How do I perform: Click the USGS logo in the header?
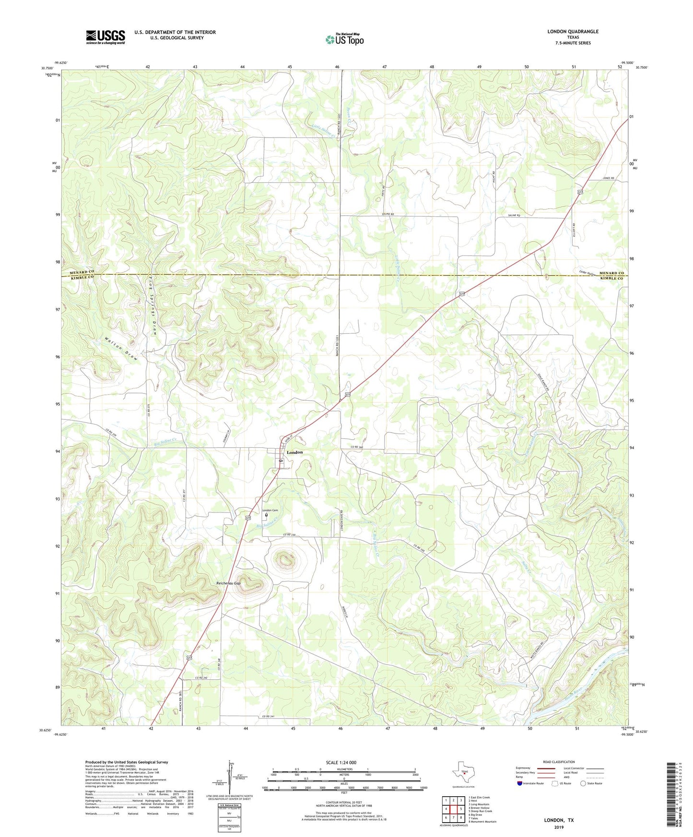click(x=106, y=37)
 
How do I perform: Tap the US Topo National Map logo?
click(x=344, y=39)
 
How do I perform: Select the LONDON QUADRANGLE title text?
click(x=573, y=32)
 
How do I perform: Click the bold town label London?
click(x=294, y=453)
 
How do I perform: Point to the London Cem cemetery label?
click(x=270, y=510)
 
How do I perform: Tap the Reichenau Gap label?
click(x=228, y=583)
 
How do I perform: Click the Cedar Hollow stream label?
click(x=588, y=273)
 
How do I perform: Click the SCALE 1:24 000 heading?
click(x=341, y=762)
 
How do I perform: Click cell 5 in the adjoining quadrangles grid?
click(x=460, y=809)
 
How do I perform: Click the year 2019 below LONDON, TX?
click(x=558, y=827)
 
